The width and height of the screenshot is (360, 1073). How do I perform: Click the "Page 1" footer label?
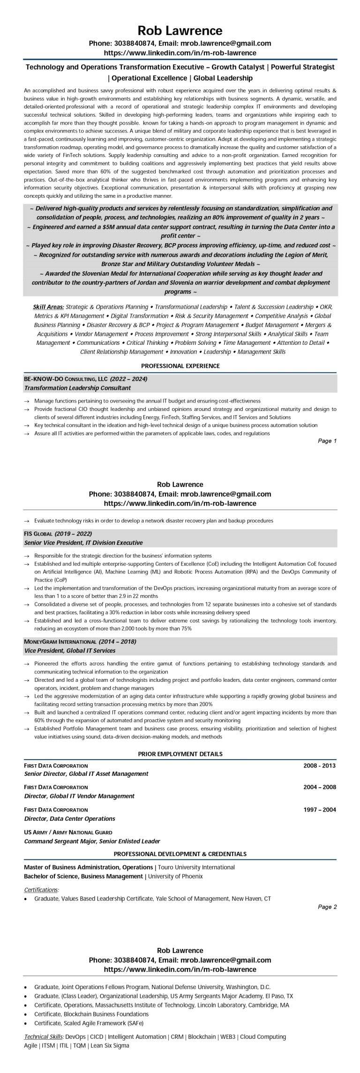coord(327,441)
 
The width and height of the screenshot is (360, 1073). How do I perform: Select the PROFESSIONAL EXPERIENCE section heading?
coord(180,365)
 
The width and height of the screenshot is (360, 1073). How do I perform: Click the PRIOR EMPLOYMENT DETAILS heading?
coord(180,754)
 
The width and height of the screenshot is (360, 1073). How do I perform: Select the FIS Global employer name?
coord(38,534)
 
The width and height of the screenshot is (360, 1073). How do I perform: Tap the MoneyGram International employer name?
coord(60,641)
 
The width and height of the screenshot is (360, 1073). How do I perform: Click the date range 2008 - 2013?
coord(320,766)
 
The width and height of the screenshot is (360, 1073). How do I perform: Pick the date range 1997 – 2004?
coord(320,809)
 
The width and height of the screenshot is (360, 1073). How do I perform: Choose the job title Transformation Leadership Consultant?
coord(77,388)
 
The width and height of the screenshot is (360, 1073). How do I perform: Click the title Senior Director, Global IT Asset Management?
coord(86,774)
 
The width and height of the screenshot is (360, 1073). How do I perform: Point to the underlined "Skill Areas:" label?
coord(48,307)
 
